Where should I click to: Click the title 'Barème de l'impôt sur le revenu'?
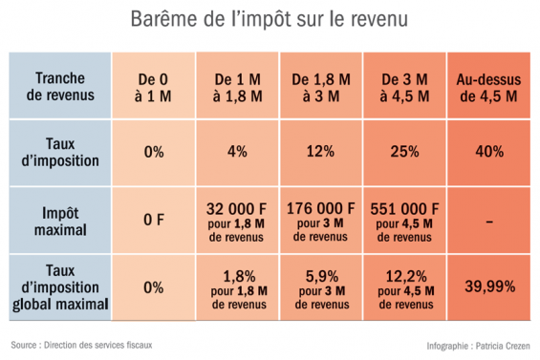pos(270,20)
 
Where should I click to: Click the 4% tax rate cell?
pos(238,152)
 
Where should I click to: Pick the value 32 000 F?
pos(238,207)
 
